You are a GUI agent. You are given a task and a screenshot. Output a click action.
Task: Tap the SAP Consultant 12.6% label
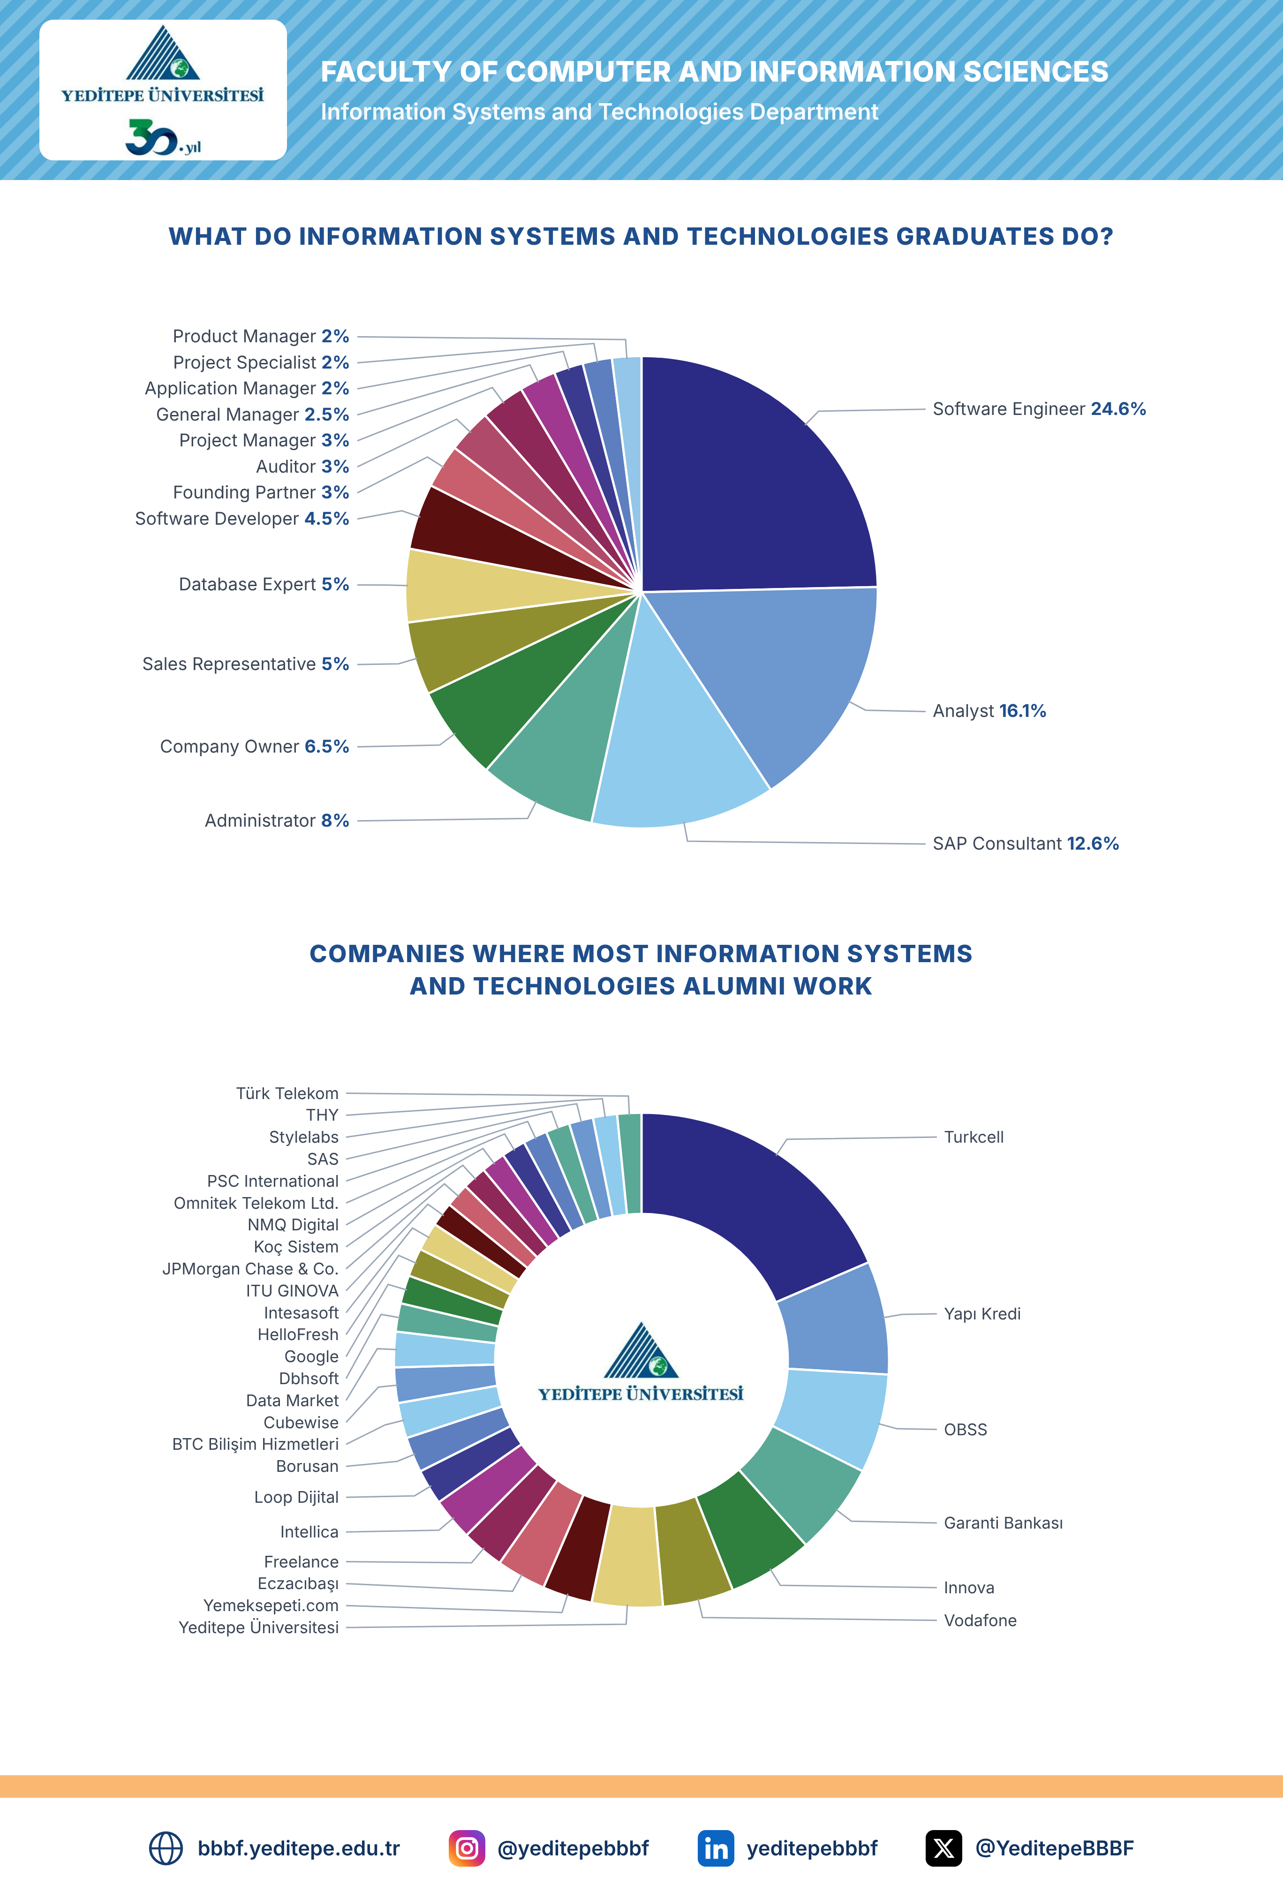point(1026,843)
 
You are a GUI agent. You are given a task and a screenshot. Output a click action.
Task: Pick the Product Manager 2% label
point(261,336)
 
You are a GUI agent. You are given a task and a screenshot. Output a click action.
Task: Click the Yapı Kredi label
point(982,1314)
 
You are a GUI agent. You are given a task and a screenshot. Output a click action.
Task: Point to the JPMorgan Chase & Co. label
point(250,1269)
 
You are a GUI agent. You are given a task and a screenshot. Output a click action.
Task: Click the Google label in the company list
point(311,1356)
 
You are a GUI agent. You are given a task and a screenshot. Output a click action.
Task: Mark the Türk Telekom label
point(287,1093)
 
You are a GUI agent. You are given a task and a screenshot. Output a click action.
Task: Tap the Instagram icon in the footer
point(467,1848)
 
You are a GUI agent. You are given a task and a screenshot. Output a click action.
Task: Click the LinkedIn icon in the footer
point(716,1848)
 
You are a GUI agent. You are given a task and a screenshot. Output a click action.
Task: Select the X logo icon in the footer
point(943,1848)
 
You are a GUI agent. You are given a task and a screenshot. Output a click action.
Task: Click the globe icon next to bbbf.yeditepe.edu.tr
point(166,1848)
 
